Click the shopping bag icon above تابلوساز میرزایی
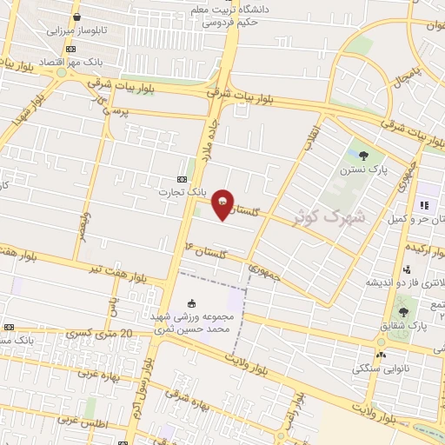click(77, 17)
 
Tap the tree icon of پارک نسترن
click(363, 155)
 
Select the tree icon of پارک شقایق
click(402, 310)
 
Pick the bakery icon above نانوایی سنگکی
click(381, 355)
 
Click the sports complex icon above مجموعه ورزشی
click(191, 303)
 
